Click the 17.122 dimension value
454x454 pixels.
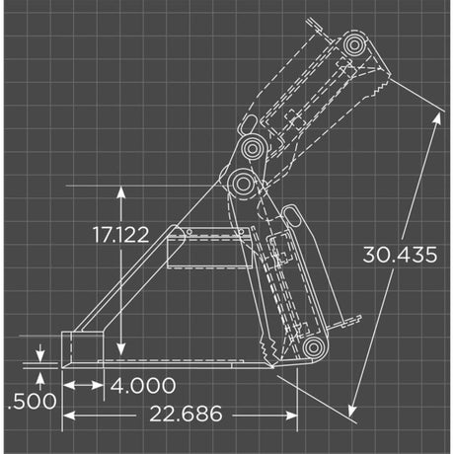pyautogui.click(x=120, y=235)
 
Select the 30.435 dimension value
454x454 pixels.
pyautogui.click(x=399, y=255)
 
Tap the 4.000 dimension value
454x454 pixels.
pyautogui.click(x=143, y=385)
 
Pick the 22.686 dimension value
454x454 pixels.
pyautogui.click(x=187, y=414)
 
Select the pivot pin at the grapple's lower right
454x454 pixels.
pyautogui.click(x=312, y=346)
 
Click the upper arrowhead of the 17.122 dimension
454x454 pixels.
pyautogui.click(x=120, y=190)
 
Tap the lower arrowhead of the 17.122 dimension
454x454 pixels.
pyautogui.click(x=120, y=352)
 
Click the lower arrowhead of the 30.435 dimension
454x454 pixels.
pyautogui.click(x=353, y=408)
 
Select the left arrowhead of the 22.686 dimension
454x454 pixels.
pyautogui.click(x=68, y=414)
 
